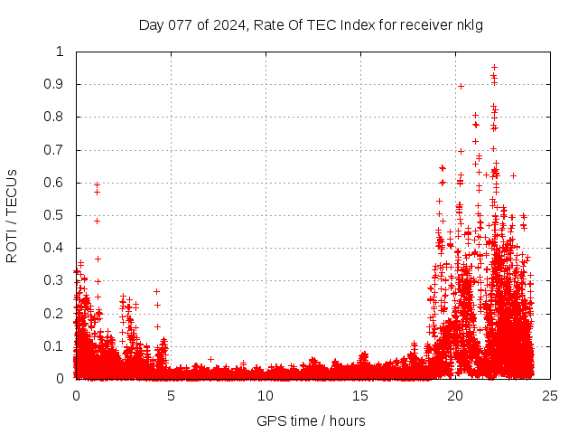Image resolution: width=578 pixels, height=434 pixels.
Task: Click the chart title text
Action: (x=311, y=24)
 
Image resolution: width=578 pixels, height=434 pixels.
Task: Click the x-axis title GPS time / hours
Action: (x=311, y=420)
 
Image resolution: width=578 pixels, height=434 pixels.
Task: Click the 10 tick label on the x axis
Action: (x=266, y=396)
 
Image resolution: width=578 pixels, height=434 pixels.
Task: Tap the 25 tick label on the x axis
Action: (x=549, y=396)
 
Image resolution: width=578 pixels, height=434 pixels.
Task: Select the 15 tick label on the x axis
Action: (x=360, y=396)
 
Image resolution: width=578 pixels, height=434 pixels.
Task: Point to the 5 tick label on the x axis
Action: (x=171, y=396)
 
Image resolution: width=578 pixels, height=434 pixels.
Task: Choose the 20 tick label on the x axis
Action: (x=454, y=396)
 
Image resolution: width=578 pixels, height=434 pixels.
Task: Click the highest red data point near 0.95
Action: (x=494, y=67)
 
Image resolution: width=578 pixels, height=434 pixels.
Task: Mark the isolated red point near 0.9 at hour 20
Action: (x=461, y=86)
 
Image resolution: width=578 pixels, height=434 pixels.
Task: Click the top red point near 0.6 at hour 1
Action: (x=97, y=184)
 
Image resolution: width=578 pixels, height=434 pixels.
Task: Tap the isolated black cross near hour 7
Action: (x=210, y=359)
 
